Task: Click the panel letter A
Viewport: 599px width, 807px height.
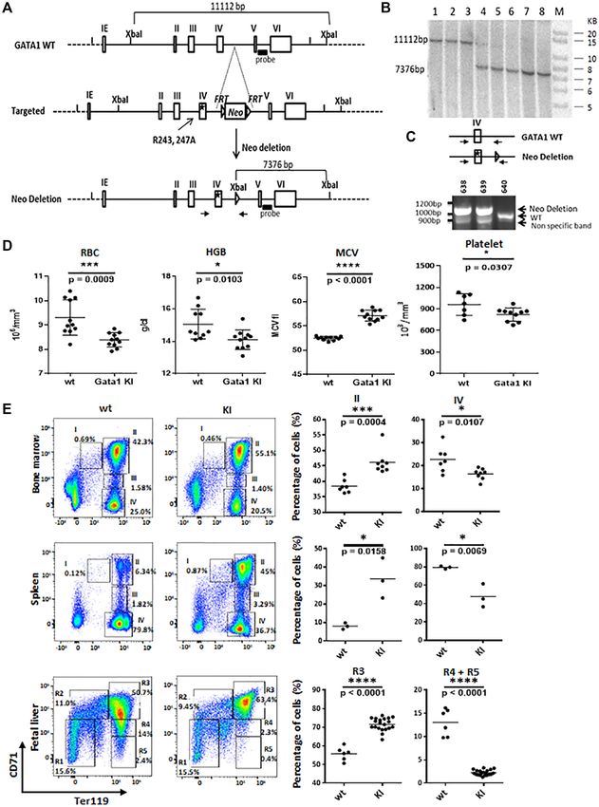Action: click(9, 9)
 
